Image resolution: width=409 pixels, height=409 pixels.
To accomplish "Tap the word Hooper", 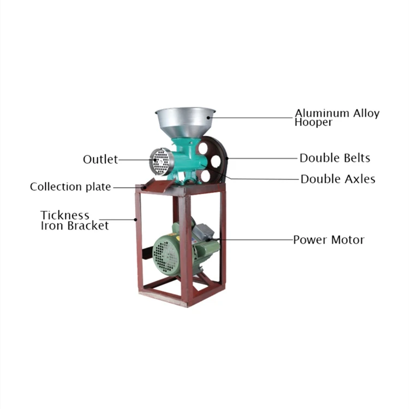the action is (x=313, y=123).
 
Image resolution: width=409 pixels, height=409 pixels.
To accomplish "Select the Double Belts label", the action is (x=335, y=158).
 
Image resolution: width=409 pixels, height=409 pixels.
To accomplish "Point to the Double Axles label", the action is (x=338, y=179).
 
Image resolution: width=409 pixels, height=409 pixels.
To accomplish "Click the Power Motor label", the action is (x=328, y=239).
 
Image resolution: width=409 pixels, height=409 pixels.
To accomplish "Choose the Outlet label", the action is (x=100, y=159).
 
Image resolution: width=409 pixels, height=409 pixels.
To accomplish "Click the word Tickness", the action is (x=65, y=215).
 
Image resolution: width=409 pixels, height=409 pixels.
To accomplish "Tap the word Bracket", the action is (x=88, y=225).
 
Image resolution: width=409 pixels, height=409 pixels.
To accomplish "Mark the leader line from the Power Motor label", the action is (x=256, y=239).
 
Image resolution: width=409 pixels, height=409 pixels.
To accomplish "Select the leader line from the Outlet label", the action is (x=134, y=160).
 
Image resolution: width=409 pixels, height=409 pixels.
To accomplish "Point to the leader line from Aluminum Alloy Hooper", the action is (x=251, y=116).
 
